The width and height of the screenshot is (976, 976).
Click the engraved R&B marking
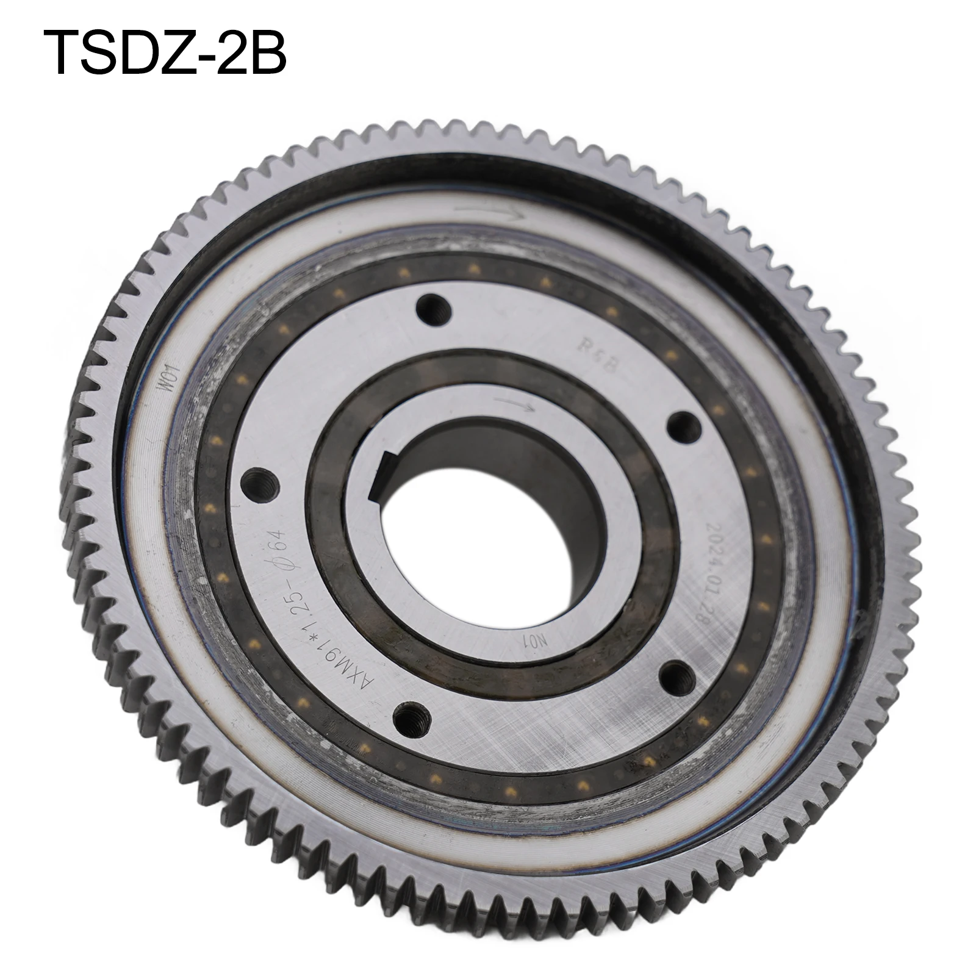[x=592, y=354]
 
